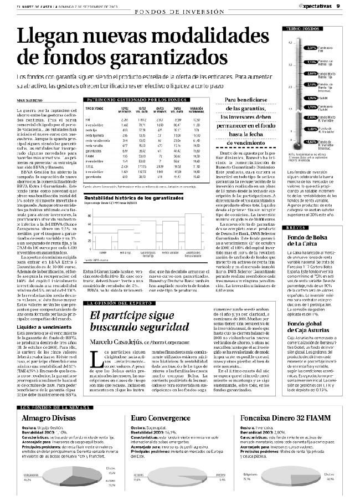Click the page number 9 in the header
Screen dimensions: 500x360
[x=352, y=5]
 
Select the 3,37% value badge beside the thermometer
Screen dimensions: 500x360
[x=311, y=48]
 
